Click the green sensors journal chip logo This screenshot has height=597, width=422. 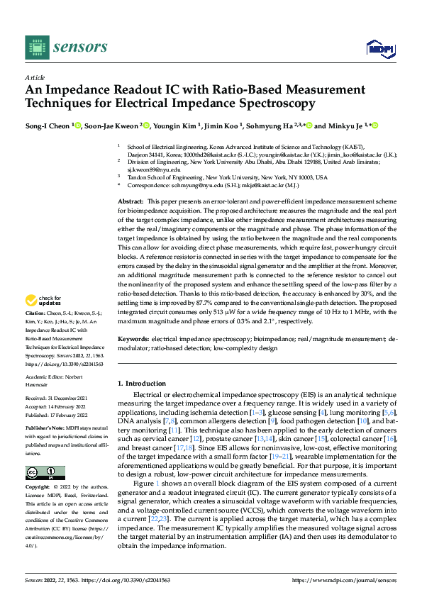(x=35, y=47)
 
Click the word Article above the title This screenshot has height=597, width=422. (x=35, y=77)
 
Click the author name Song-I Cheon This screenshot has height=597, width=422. (x=48, y=126)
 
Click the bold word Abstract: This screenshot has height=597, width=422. (x=131, y=202)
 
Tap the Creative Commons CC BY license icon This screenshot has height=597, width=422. (x=45, y=473)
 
